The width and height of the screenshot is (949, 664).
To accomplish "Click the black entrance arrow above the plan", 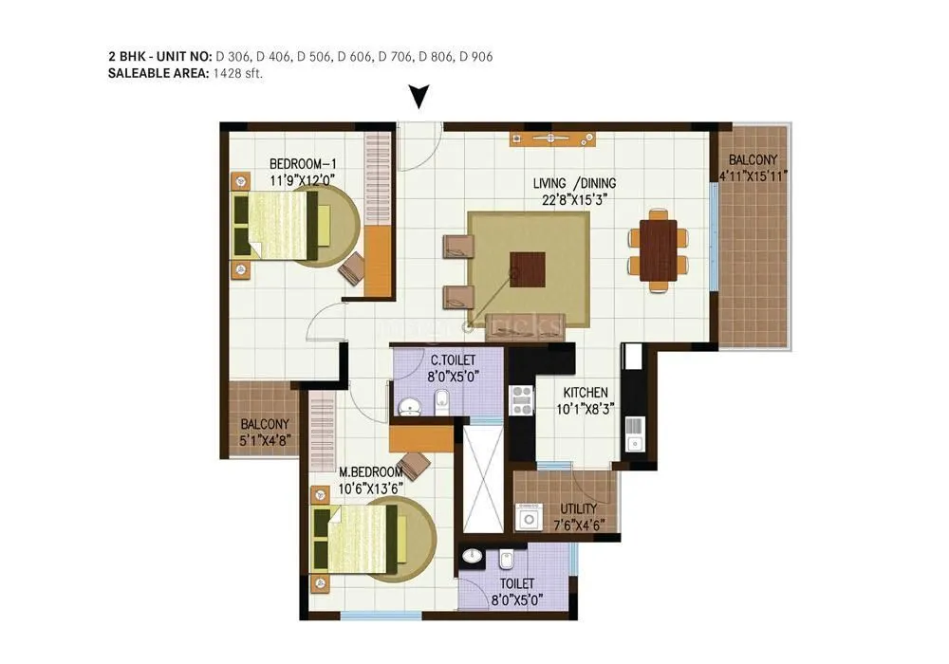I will (419, 96).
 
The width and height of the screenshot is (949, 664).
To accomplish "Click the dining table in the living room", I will (658, 249).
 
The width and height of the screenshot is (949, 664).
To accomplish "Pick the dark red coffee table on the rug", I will (528, 268).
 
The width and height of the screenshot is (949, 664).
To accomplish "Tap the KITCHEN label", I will (585, 392).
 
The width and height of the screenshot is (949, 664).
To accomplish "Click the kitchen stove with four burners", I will (522, 398).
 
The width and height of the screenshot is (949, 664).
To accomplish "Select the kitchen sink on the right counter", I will (634, 441).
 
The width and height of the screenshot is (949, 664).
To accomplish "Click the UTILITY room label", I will (579, 508).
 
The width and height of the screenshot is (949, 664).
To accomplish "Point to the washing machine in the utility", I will (528, 516).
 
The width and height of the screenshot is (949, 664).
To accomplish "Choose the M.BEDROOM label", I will (371, 472).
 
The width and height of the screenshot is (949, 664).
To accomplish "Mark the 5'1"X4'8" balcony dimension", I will (264, 439).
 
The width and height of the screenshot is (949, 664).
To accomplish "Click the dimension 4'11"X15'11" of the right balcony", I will (754, 175).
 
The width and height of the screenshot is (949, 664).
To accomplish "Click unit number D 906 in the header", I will (475, 57).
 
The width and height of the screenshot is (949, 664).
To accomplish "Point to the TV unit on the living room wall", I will (552, 138).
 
